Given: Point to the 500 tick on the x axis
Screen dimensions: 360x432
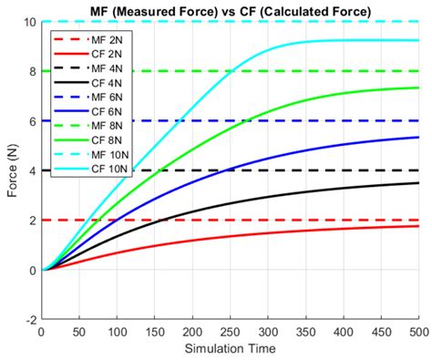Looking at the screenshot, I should click(x=419, y=333).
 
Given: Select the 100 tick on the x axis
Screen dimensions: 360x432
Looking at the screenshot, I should click(x=117, y=333).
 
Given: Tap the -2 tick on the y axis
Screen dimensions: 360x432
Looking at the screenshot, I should click(x=31, y=320).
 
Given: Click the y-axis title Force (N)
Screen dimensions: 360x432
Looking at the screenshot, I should click(x=11, y=170).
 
